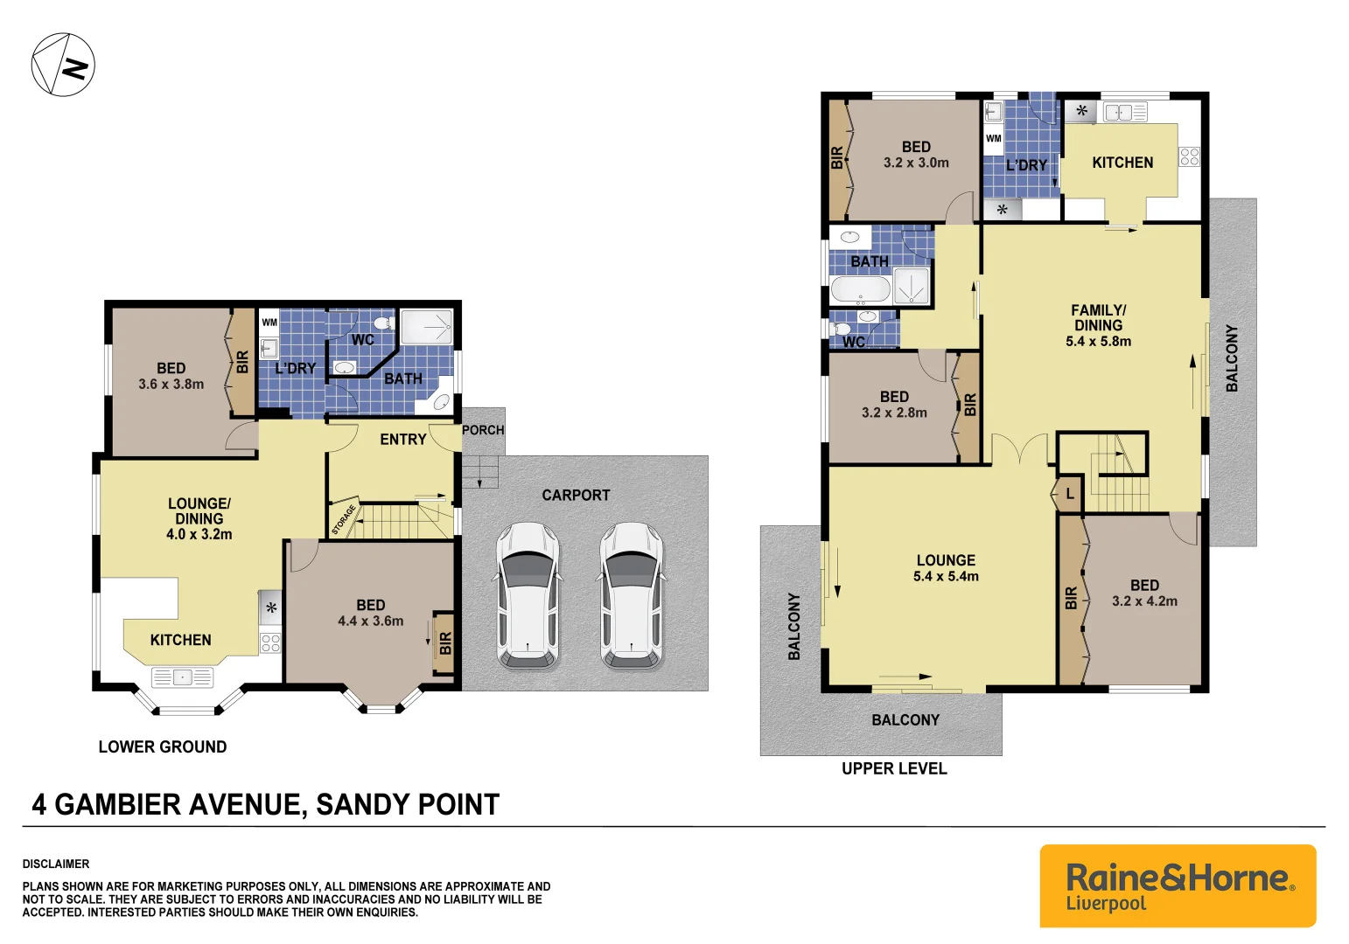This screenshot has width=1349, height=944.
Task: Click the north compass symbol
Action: tap(63, 65)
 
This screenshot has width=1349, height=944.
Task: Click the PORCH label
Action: tap(483, 430)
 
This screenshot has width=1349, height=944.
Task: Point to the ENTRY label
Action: tap(402, 440)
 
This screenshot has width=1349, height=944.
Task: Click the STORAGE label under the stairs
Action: tap(344, 519)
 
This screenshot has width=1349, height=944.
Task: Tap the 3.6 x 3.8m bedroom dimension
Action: tap(171, 385)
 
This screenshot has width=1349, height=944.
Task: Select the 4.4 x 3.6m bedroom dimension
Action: tap(370, 621)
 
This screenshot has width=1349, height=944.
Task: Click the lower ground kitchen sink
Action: tap(182, 677)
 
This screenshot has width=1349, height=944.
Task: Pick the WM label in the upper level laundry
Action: tap(993, 138)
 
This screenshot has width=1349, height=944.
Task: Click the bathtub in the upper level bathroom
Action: tap(860, 289)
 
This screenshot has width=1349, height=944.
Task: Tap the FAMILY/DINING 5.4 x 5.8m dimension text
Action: tap(1098, 342)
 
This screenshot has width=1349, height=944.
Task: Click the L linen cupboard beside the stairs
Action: tap(1069, 495)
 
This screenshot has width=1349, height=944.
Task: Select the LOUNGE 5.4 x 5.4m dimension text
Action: tap(946, 577)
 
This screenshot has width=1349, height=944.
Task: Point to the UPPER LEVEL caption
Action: tap(893, 769)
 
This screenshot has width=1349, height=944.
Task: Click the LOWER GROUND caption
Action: tap(162, 747)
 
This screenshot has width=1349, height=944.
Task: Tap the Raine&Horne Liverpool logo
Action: tap(1178, 885)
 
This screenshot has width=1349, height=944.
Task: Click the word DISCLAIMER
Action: tap(56, 864)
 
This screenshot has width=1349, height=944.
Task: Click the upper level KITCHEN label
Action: tap(1122, 163)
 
